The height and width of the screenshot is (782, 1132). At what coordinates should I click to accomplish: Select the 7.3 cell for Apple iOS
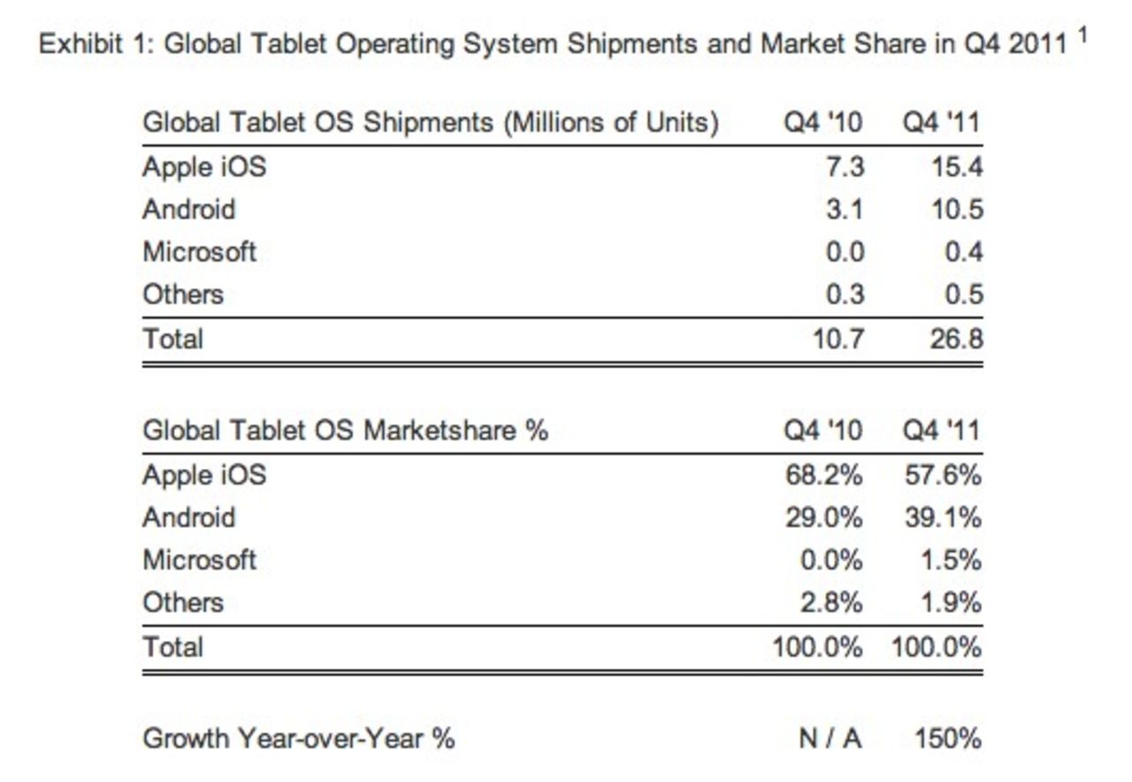[844, 167]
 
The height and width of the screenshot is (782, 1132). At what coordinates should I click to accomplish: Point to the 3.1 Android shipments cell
[844, 210]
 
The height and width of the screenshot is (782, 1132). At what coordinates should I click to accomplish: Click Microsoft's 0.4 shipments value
[962, 252]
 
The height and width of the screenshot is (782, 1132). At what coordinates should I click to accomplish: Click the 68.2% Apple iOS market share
[823, 475]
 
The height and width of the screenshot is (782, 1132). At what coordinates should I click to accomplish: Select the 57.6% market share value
[942, 475]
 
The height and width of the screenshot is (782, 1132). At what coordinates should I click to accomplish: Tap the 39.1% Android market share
[942, 517]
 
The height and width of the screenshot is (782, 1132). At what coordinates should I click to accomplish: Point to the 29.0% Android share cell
[823, 517]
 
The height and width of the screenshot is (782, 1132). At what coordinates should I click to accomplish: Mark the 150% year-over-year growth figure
[947, 738]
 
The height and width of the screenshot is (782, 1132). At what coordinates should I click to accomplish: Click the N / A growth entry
[830, 738]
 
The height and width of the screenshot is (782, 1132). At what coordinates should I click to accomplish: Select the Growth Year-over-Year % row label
[299, 738]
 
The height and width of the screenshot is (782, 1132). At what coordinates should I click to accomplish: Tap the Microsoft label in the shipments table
[200, 252]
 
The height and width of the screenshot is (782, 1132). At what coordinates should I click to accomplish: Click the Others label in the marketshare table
[183, 602]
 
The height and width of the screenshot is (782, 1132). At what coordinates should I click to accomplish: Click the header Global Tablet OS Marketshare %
[345, 431]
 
